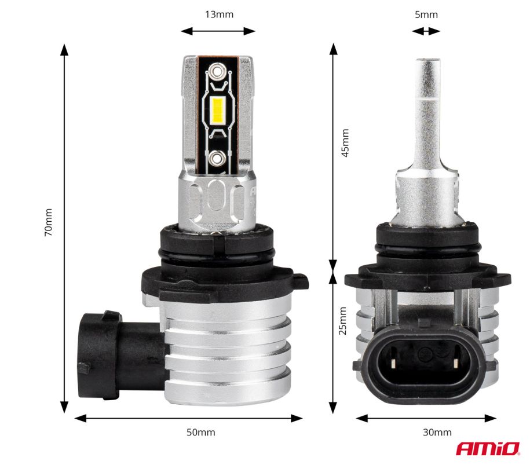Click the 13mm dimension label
(219, 14)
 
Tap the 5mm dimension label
(426, 14)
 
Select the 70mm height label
(48, 222)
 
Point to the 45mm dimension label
(345, 142)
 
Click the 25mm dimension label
(343, 321)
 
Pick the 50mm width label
(201, 432)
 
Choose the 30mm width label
(437, 432)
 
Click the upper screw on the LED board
(217, 71)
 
